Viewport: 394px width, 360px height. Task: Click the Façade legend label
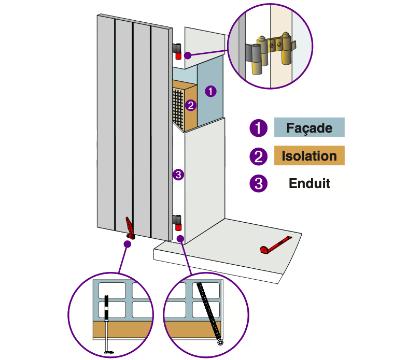point(309,128)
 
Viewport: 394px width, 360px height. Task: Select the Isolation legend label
point(309,156)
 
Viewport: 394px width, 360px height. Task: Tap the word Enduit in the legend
point(309,183)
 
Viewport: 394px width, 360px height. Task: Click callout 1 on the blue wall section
point(210,91)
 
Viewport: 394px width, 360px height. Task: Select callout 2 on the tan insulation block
point(191,106)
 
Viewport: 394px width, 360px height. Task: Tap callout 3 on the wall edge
point(178,175)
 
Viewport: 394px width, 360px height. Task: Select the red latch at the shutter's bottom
point(130,228)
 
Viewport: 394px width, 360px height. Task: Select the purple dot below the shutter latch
point(128,243)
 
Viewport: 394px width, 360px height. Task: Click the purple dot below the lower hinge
point(180,239)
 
